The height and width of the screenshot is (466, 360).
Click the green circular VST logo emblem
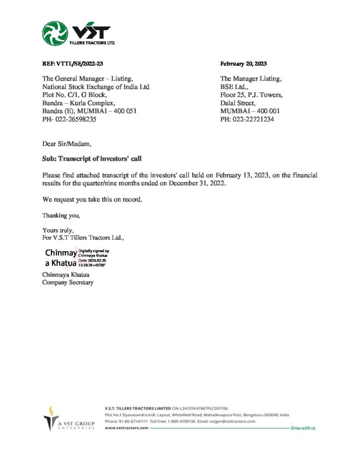click(55, 33)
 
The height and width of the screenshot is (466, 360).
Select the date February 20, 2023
click(243, 64)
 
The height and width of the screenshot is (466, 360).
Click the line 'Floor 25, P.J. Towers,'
click(251, 95)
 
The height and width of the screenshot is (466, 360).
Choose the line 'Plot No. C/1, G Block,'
click(75, 95)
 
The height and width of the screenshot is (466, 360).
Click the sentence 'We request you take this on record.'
click(92, 199)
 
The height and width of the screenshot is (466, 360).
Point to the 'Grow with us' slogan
click(303, 428)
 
